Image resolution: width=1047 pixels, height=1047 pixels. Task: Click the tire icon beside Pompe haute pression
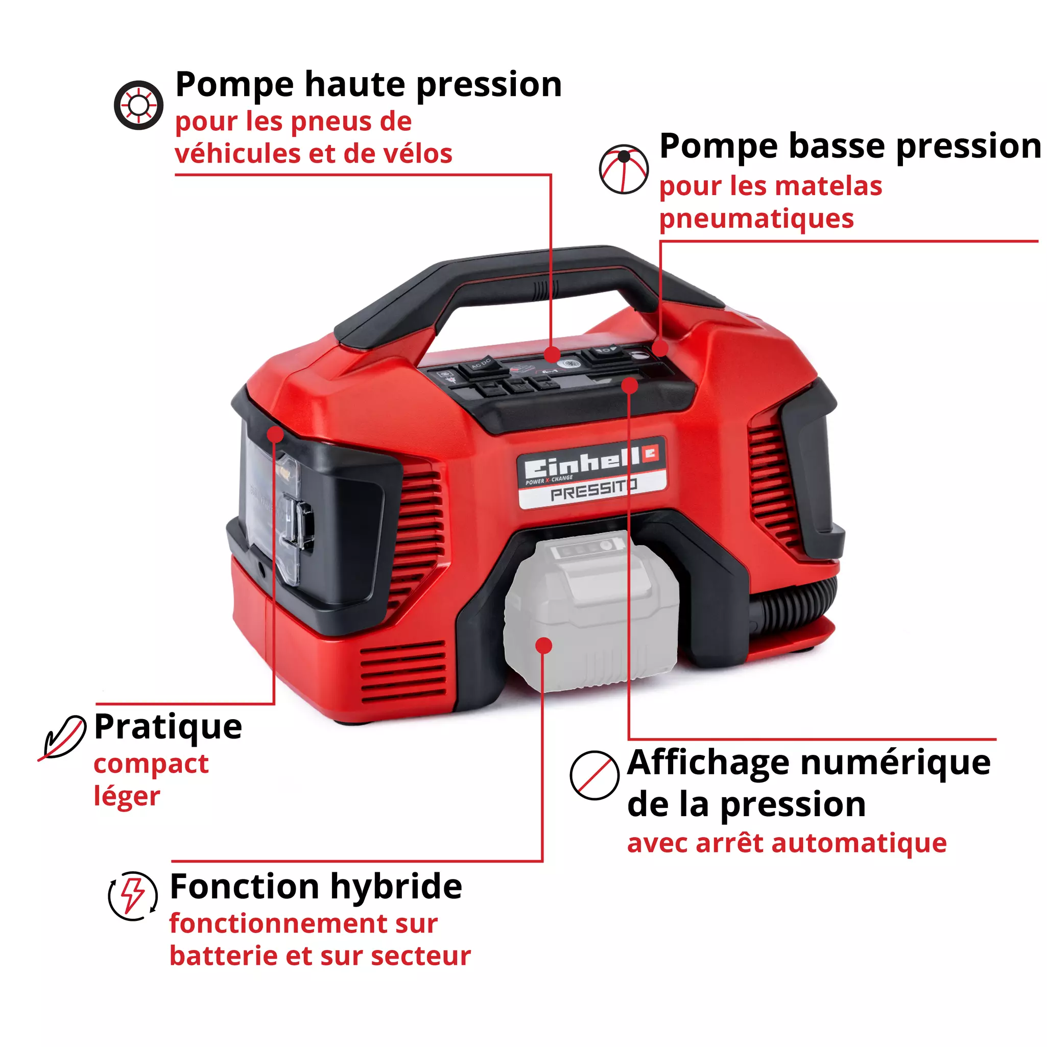coord(138,105)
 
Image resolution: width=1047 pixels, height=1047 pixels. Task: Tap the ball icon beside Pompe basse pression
coord(623,169)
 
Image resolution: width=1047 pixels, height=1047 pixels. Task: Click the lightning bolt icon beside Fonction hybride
coord(133,896)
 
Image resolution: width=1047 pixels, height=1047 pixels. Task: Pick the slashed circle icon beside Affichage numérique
coord(594,775)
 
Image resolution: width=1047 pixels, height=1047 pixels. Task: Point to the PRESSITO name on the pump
coord(593,491)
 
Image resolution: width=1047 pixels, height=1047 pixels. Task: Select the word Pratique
coord(168,727)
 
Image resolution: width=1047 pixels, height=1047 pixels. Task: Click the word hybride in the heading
coord(396,887)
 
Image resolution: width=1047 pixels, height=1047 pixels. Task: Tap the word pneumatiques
coord(756,220)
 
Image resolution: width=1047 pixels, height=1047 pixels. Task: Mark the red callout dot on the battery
coord(543,646)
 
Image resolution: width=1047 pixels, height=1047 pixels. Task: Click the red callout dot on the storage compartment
coord(275,434)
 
